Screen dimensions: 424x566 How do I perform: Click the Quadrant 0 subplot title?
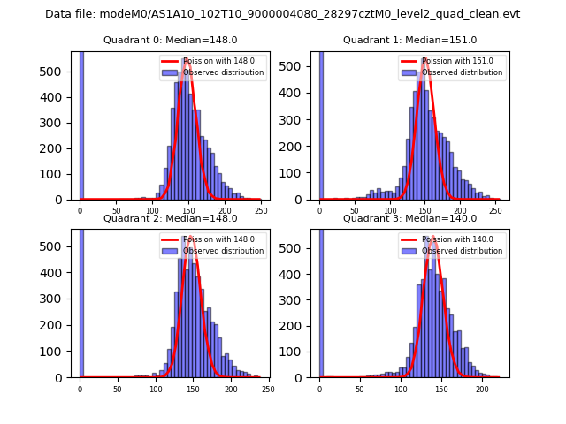pyautogui.click(x=170, y=40)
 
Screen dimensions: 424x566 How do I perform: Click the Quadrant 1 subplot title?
pyautogui.click(x=409, y=40)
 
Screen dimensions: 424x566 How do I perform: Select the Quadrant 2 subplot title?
pyautogui.click(x=170, y=218)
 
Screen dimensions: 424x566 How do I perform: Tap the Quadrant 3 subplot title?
pyautogui.click(x=409, y=218)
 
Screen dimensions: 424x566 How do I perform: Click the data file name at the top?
pyautogui.click(x=282, y=14)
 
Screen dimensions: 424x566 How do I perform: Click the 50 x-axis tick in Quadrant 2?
pyautogui.click(x=118, y=389)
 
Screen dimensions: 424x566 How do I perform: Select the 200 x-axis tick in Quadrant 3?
pyautogui.click(x=482, y=389)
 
